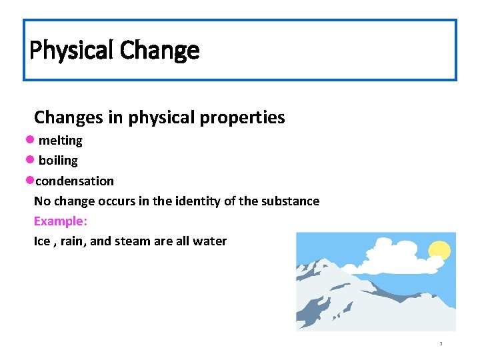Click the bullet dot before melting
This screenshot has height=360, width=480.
tap(29, 140)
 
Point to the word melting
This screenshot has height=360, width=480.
tap(61, 141)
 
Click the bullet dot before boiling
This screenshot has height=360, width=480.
tap(29, 160)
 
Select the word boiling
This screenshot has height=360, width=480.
tap(58, 161)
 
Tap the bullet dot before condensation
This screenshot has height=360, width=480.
tap(29, 181)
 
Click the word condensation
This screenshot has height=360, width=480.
tap(75, 181)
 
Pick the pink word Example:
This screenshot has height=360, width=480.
tap(61, 221)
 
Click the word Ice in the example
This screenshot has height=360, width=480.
tap(42, 241)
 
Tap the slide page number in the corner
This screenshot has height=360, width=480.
tap(441, 344)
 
